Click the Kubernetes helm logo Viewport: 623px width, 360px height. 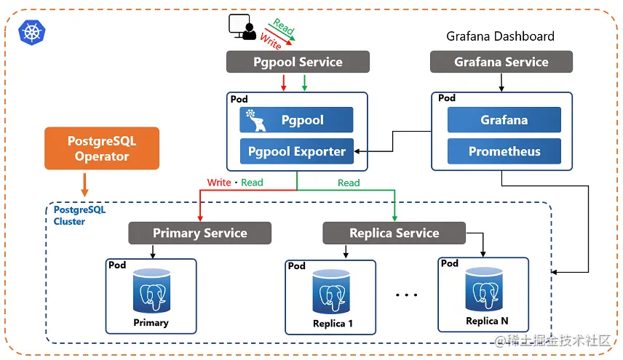pyautogui.click(x=32, y=33)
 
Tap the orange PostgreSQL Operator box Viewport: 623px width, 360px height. pyautogui.click(x=102, y=148)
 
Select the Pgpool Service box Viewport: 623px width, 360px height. pyautogui.click(x=298, y=62)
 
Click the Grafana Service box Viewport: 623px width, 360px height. pyautogui.click(x=501, y=62)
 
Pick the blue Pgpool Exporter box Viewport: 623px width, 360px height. pyautogui.click(x=297, y=151)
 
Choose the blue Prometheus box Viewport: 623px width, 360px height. pyautogui.click(x=504, y=151)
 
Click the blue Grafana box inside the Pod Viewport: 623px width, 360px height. pyautogui.click(x=504, y=120)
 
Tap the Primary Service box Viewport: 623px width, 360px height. pyautogui.click(x=200, y=233)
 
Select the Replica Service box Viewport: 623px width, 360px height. pyautogui.click(x=394, y=233)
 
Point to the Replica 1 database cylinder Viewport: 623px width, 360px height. pyautogui.click(x=331, y=292)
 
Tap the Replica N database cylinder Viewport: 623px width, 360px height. pyautogui.click(x=484, y=289)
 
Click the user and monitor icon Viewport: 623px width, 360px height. pyautogui.click(x=242, y=27)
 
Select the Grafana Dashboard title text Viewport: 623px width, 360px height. pyautogui.click(x=500, y=36)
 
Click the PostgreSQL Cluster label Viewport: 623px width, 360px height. pyautogui.click(x=79, y=215)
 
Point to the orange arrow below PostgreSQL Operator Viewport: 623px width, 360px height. pyautogui.click(x=84, y=185)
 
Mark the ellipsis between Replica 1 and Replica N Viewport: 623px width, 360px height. pyautogui.click(x=406, y=295)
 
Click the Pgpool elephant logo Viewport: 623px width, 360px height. pyautogui.click(x=256, y=120)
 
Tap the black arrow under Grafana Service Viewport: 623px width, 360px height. pyautogui.click(x=501, y=82)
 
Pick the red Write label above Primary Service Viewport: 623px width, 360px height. pyautogui.click(x=219, y=183)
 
